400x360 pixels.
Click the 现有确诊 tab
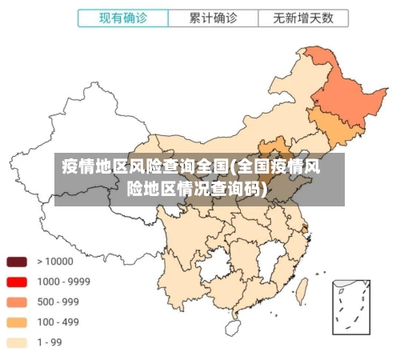[122, 18]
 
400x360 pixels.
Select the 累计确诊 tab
[214, 18]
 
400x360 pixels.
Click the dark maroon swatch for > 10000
[17, 262]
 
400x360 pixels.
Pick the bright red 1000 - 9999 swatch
[17, 282]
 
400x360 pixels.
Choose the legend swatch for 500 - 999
[17, 302]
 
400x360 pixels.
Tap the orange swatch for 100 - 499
[17, 322]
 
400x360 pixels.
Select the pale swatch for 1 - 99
[17, 343]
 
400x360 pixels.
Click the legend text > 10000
[54, 262]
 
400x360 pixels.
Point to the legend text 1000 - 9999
[63, 282]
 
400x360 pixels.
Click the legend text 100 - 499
[58, 322]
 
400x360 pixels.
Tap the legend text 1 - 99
[51, 343]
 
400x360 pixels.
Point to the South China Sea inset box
[351, 307]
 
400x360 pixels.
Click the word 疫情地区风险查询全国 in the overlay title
[144, 167]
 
